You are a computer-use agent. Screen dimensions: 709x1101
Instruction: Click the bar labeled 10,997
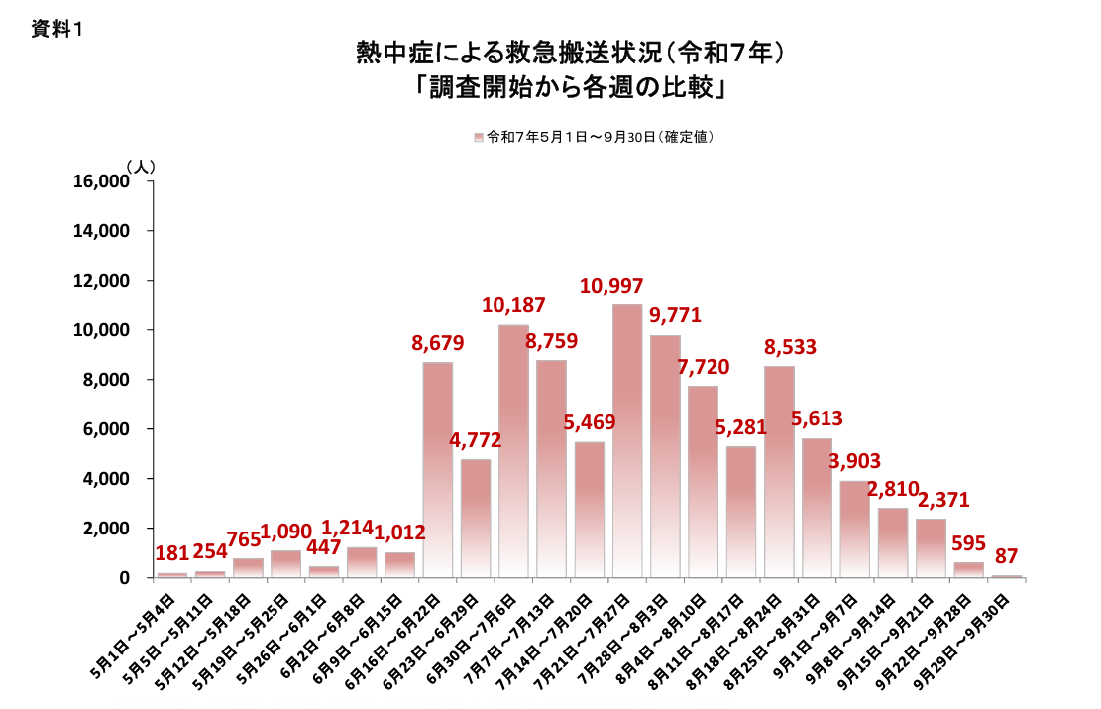627,441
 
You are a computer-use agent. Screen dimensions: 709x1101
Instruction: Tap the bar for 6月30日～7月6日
513,451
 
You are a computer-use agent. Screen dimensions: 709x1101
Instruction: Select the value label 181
173,553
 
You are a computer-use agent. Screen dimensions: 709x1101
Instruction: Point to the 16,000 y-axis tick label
103,181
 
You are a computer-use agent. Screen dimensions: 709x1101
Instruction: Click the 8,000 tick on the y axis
108,380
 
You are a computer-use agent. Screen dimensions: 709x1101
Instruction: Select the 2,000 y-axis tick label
108,529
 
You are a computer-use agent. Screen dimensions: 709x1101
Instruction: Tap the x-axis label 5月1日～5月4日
137,636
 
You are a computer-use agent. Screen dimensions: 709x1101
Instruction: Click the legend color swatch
479,138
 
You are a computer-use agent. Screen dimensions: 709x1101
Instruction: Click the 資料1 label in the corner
55,30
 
